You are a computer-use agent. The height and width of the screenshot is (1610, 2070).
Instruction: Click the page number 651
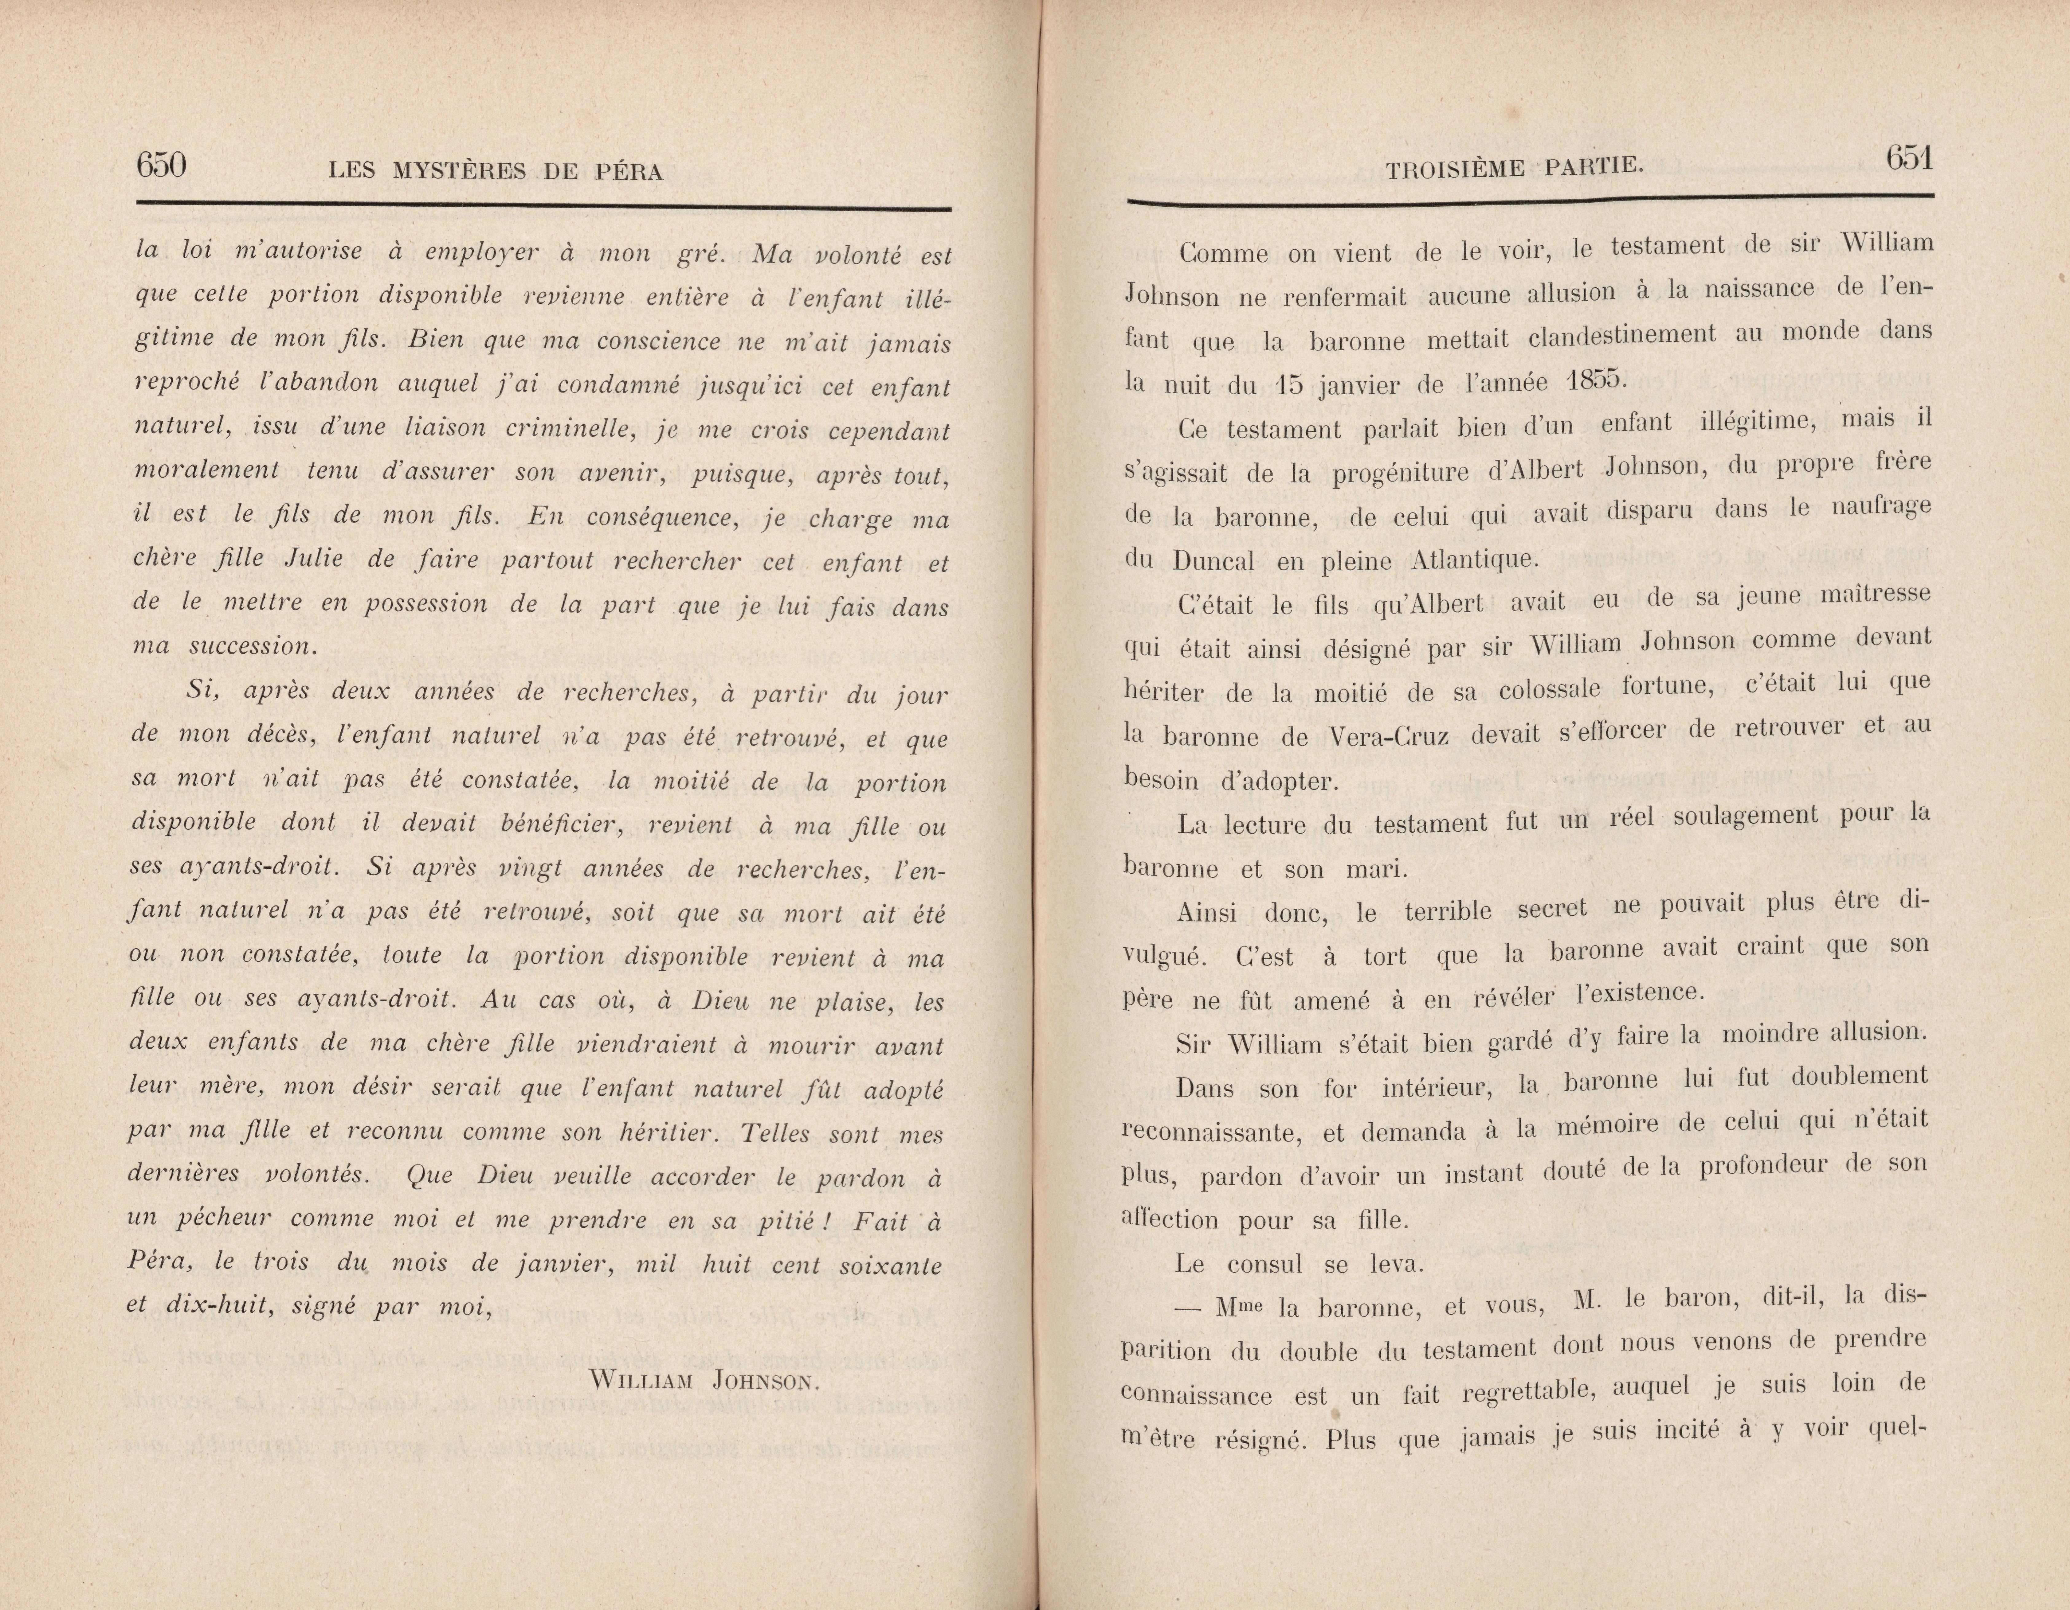(1909, 158)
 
